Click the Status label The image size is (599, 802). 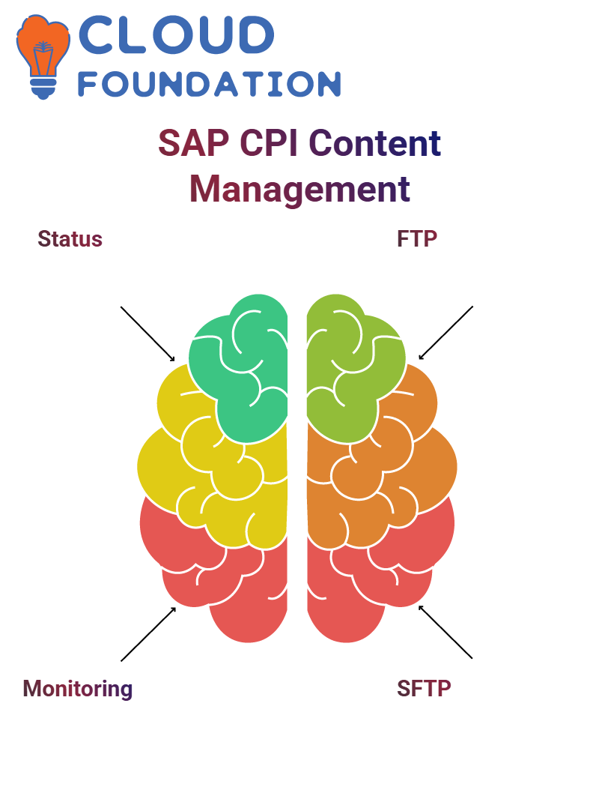point(70,239)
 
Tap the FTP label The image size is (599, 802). point(417,239)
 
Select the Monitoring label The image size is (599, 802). point(78,689)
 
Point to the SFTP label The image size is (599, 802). point(425,689)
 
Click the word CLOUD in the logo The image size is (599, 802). point(177,34)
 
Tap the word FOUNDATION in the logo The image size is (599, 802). point(209,84)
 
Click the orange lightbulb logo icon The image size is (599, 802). point(43,56)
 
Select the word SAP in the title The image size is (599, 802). point(194,143)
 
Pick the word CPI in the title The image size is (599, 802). point(269,143)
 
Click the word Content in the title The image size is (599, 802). point(374,143)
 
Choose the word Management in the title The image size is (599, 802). point(299,190)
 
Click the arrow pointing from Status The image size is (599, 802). point(148,334)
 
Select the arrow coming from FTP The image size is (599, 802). point(446,333)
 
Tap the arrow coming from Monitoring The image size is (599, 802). point(149,634)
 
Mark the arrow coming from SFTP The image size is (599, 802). point(446,632)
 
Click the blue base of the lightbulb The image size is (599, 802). point(43,88)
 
